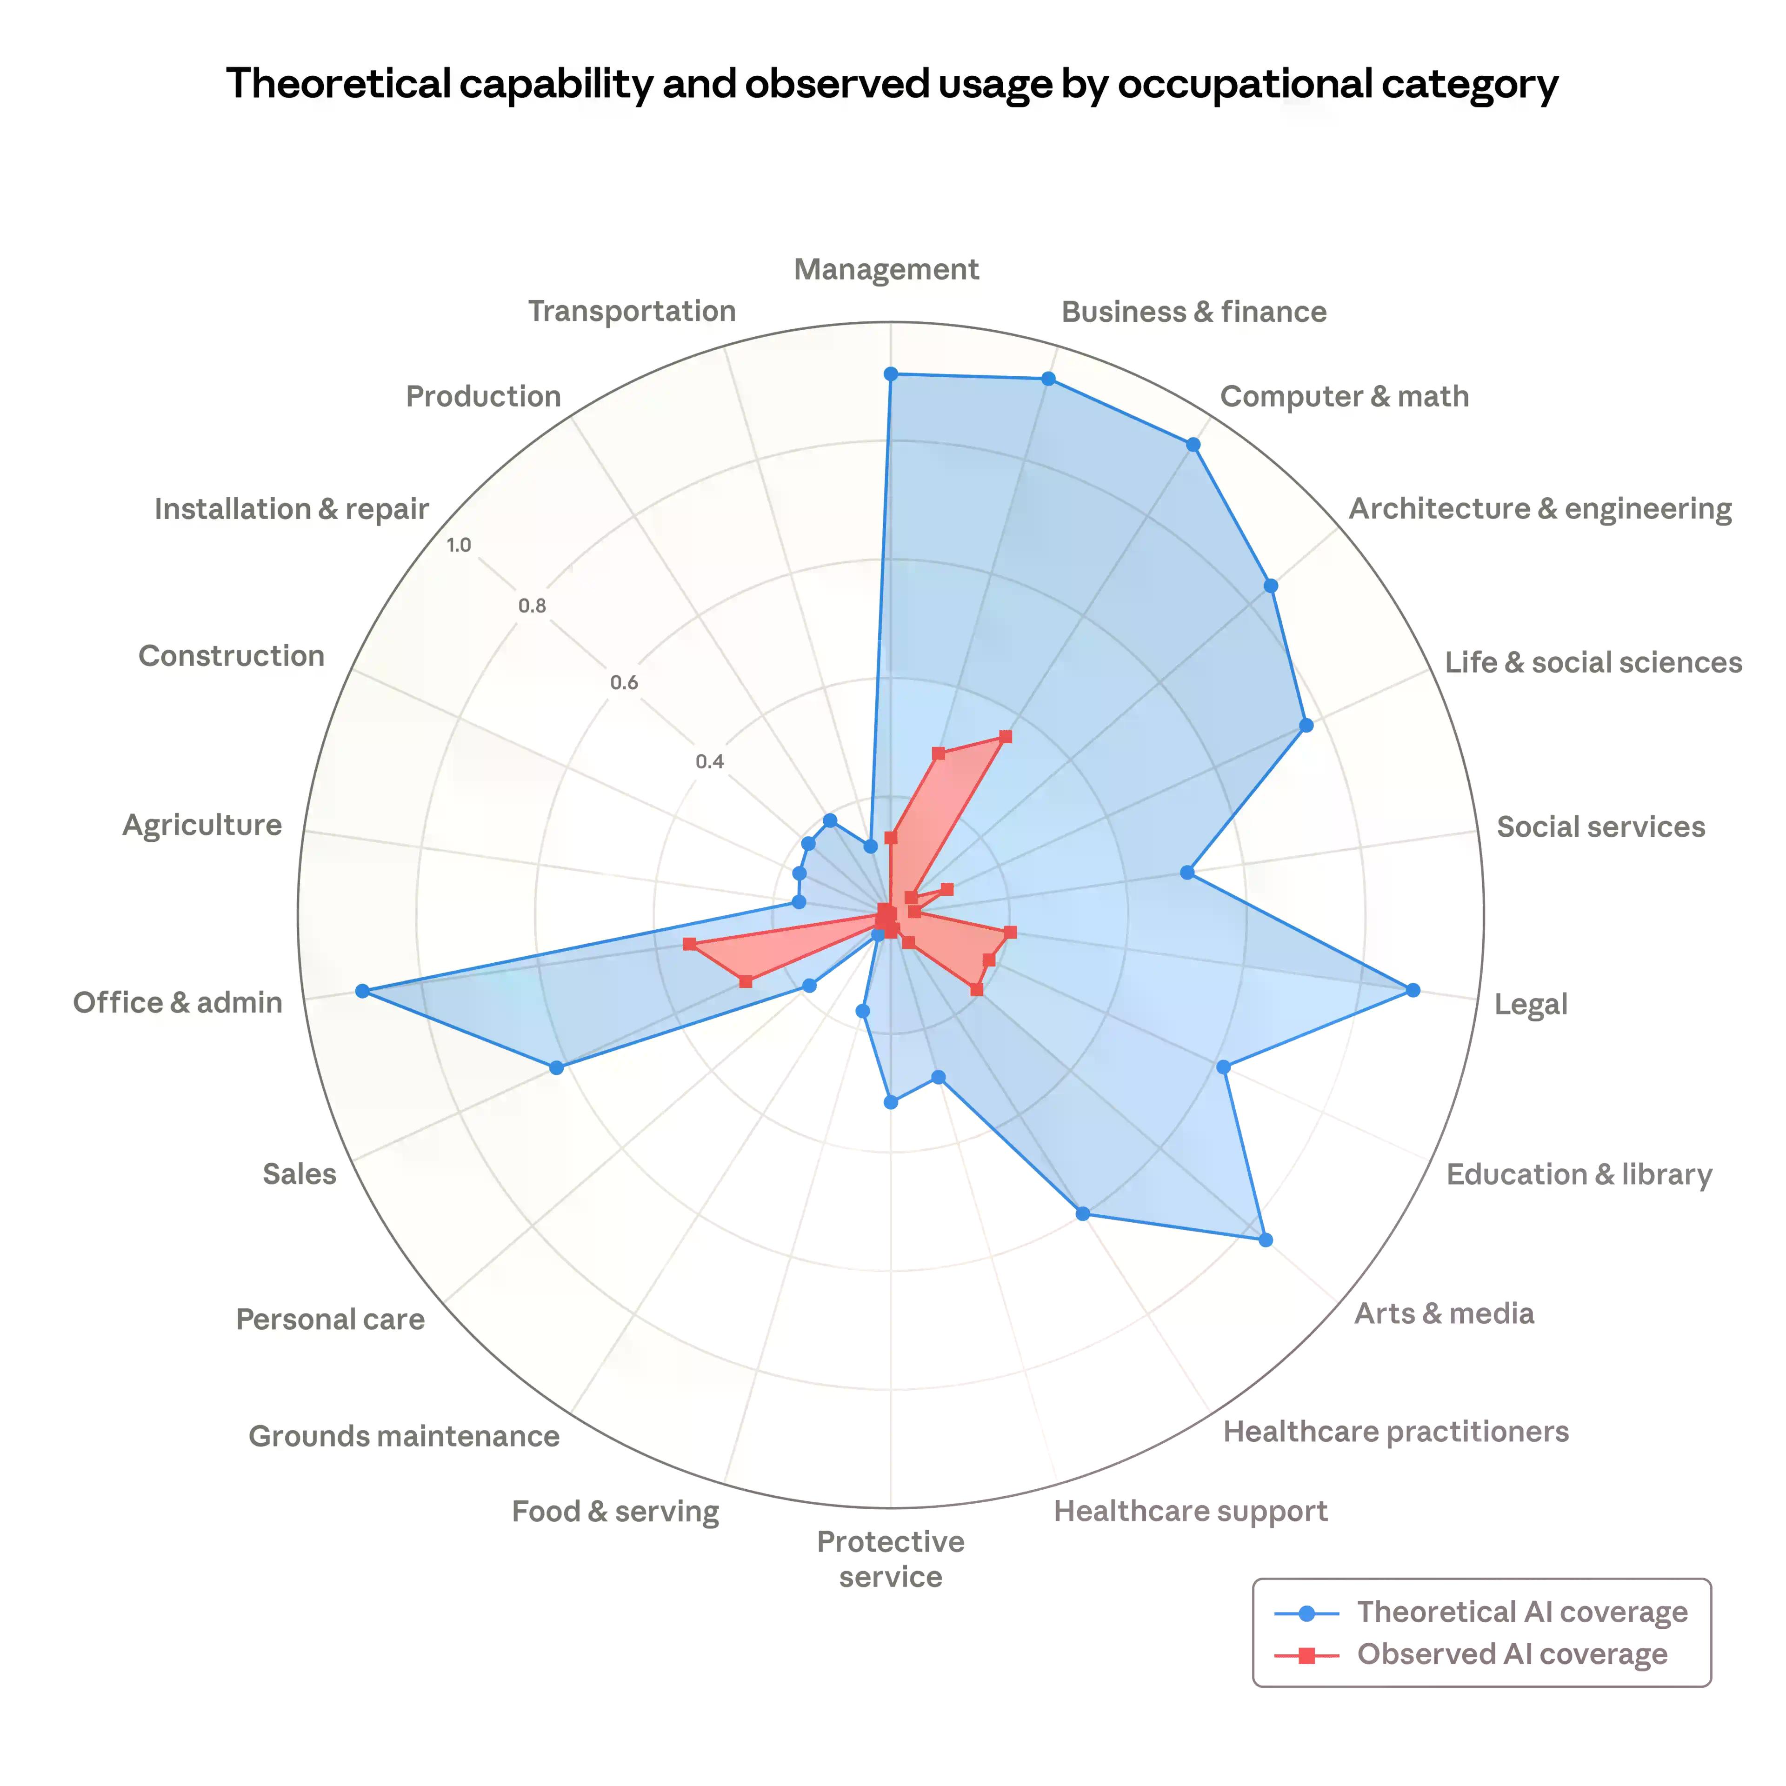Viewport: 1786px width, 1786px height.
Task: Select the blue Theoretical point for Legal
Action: (x=1413, y=990)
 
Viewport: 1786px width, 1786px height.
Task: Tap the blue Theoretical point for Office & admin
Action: (x=362, y=991)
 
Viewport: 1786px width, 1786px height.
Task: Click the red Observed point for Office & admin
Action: (x=689, y=944)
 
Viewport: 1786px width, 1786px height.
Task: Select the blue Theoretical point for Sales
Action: (x=556, y=1068)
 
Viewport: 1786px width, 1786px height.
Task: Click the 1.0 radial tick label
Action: (x=459, y=545)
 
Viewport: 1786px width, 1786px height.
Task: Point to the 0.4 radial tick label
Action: (x=710, y=762)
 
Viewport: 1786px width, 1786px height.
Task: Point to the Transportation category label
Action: (x=633, y=312)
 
